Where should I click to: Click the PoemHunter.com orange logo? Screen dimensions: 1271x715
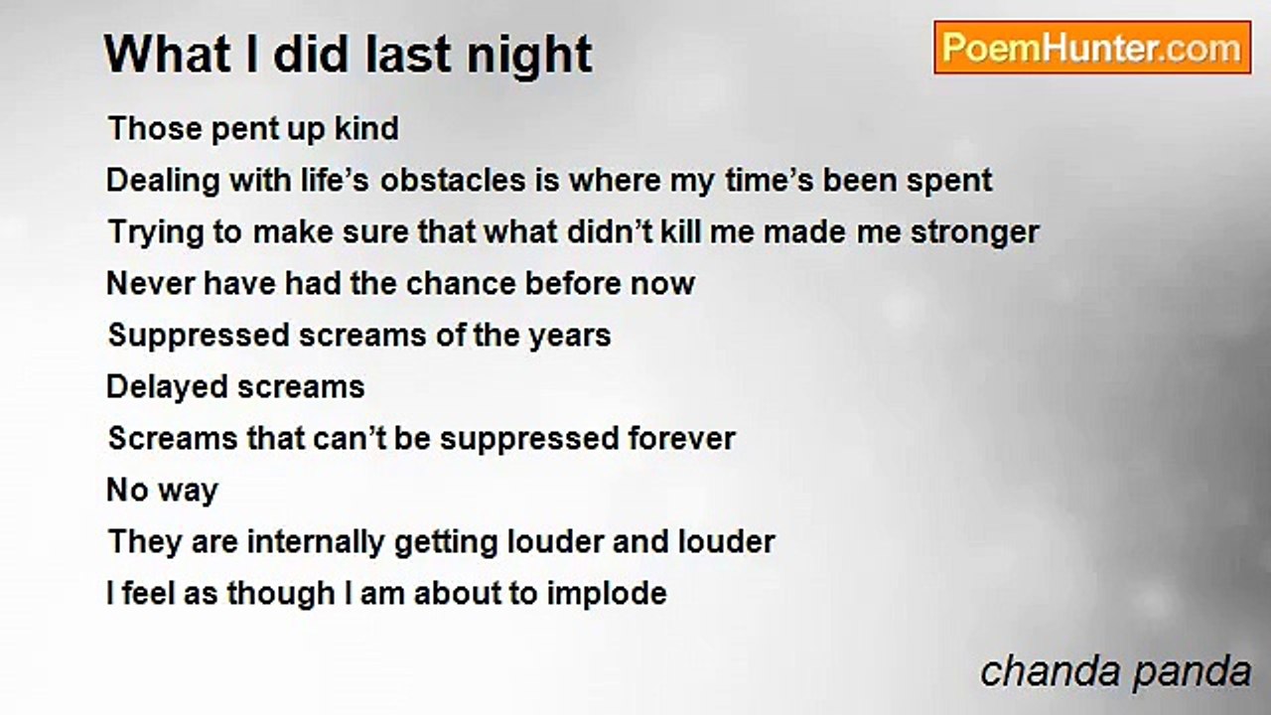(x=1092, y=48)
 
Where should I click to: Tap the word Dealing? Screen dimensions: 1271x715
(x=162, y=183)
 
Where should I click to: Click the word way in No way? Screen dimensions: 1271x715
(x=189, y=493)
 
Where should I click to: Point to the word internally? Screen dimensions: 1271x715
(x=316, y=543)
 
